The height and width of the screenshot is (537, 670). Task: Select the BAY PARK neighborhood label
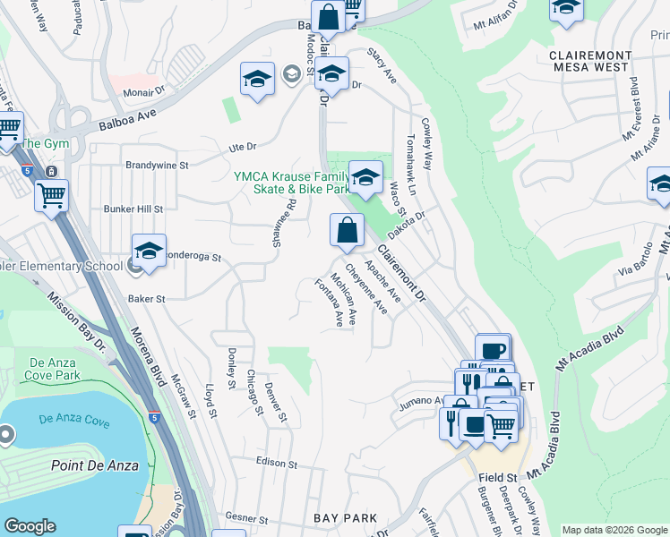(x=345, y=518)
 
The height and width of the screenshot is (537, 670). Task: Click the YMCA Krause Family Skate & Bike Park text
(x=291, y=183)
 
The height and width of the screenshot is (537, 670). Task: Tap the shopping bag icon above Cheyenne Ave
(x=347, y=231)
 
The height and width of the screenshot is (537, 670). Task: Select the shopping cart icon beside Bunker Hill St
(x=51, y=193)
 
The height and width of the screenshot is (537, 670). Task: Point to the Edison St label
(x=276, y=464)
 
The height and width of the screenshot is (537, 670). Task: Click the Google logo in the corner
(x=30, y=525)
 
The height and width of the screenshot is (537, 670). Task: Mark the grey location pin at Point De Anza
(x=7, y=436)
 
